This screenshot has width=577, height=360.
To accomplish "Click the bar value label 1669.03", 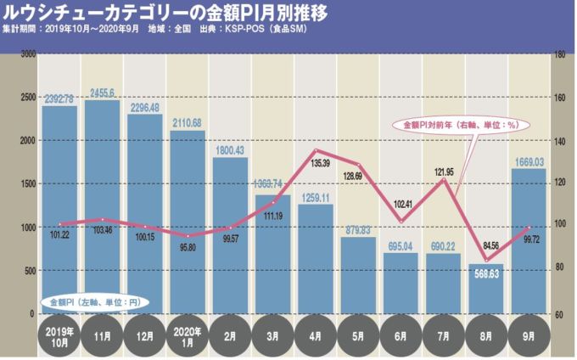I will (529, 161).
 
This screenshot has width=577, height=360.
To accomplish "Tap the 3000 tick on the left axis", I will (27, 53).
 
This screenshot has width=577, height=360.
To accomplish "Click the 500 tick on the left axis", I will (29, 270).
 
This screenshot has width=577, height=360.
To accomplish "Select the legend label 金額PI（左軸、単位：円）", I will (94, 302).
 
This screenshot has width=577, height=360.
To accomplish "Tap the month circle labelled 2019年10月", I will (59, 335).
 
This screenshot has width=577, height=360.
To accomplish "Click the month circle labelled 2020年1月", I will (187, 335).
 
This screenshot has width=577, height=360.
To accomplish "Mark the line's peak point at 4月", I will (315, 150).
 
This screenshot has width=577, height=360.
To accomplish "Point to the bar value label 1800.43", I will (230, 150).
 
